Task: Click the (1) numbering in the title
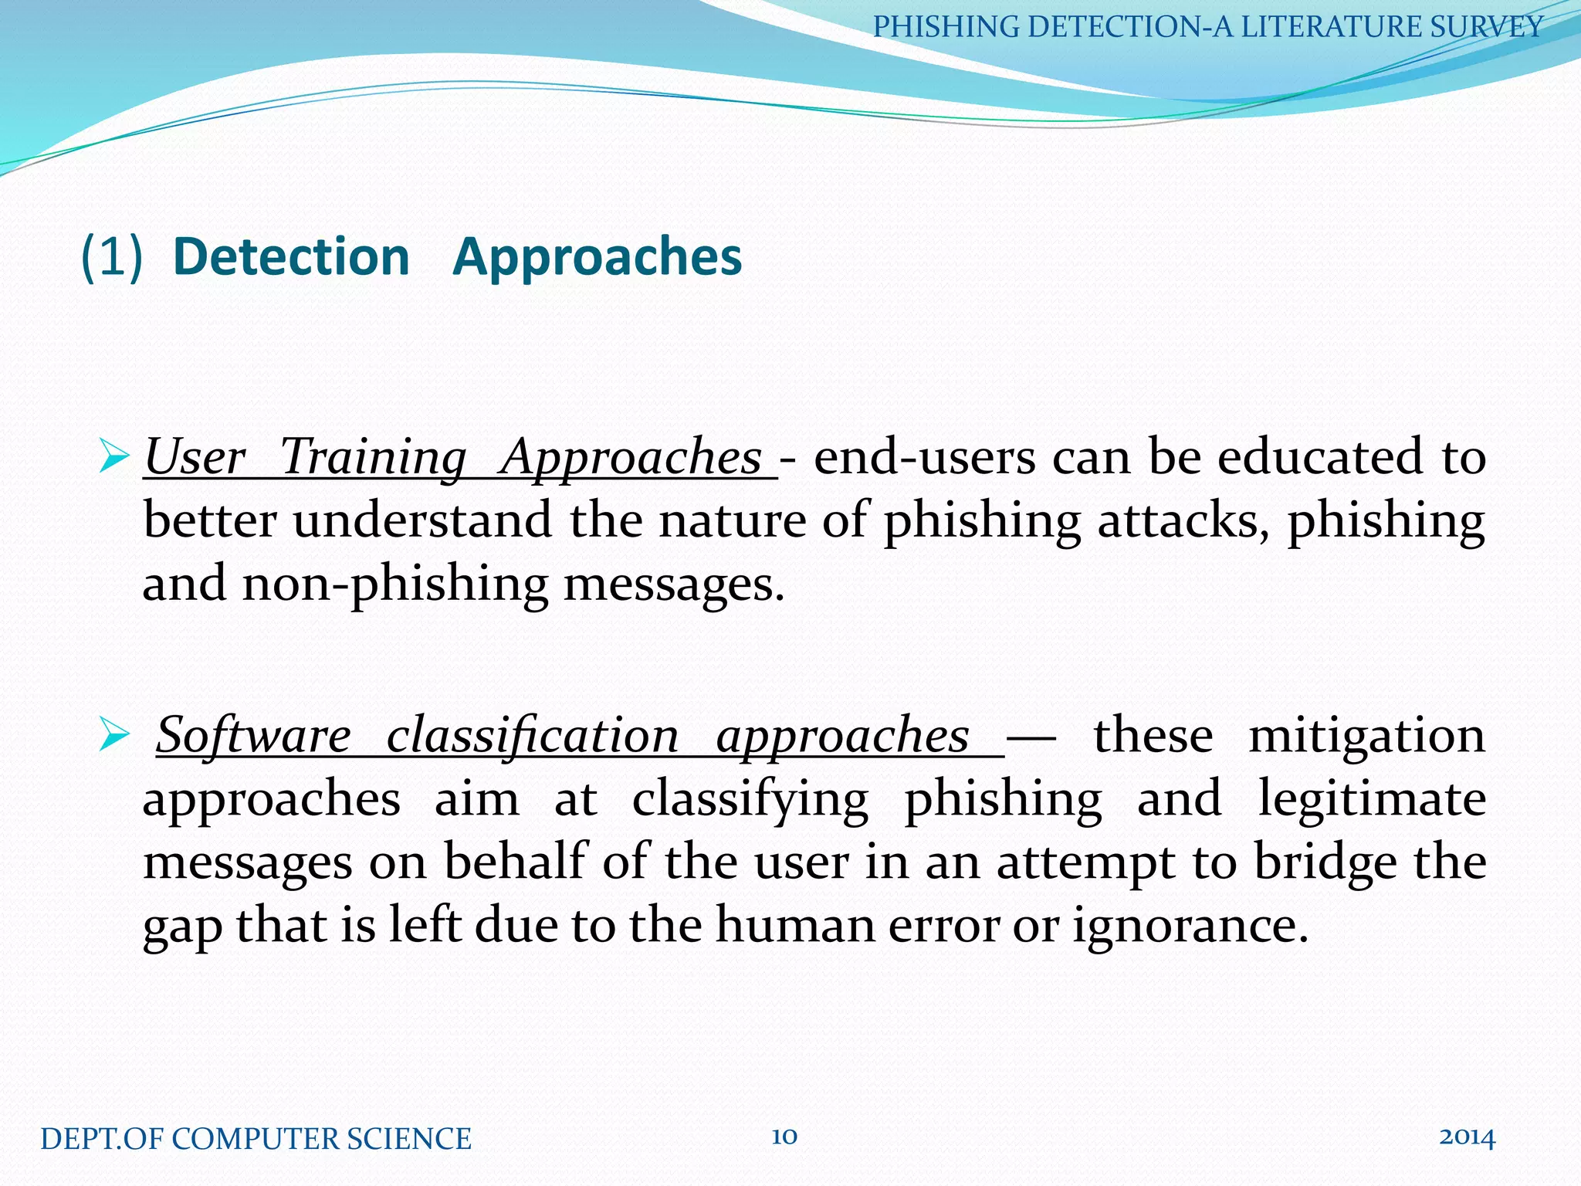112,256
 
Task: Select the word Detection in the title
292,256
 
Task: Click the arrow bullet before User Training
114,458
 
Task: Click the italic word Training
373,457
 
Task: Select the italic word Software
253,735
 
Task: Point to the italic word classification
533,735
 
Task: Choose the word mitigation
1367,735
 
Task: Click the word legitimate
1372,799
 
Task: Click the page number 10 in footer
784,1137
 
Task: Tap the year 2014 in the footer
1467,1137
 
